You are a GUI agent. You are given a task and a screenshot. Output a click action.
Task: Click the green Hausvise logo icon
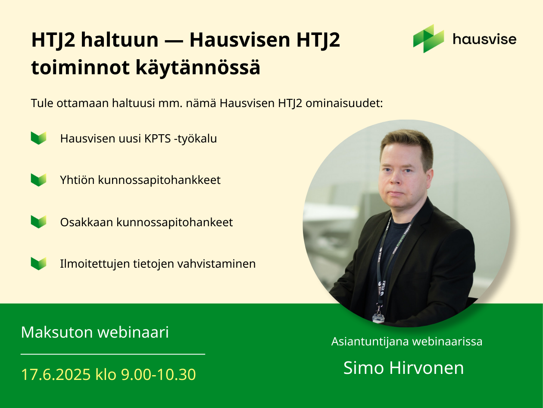[428, 38]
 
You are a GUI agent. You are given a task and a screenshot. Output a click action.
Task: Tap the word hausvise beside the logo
[484, 39]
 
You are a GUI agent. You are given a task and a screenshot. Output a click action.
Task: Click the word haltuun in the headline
[119, 40]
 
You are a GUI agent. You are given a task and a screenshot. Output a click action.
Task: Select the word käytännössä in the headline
[198, 68]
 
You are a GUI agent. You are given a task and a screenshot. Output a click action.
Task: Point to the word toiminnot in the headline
[81, 67]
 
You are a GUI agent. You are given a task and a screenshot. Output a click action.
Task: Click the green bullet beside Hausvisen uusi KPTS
[39, 138]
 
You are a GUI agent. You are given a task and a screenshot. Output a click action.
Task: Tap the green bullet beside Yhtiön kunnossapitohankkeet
[39, 180]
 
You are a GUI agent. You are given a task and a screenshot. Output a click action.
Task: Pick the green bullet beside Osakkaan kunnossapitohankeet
[39, 222]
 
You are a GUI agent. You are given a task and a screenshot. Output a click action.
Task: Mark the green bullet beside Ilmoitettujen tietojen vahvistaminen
[39, 263]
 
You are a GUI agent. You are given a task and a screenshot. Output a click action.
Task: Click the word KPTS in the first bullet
[158, 139]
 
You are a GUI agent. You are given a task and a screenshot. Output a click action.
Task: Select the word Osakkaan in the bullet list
[87, 222]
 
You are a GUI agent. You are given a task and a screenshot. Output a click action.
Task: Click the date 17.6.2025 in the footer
[56, 374]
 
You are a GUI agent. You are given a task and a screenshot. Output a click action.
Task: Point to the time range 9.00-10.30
[158, 374]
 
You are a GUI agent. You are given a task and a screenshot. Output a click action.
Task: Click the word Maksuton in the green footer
[57, 332]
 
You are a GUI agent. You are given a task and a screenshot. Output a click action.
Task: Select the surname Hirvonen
[427, 368]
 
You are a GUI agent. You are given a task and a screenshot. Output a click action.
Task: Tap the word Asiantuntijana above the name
[370, 342]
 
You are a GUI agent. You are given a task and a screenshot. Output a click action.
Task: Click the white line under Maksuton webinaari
[113, 354]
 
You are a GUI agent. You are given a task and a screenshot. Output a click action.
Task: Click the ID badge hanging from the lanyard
[378, 318]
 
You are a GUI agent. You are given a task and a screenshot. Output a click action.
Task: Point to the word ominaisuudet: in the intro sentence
[344, 103]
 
